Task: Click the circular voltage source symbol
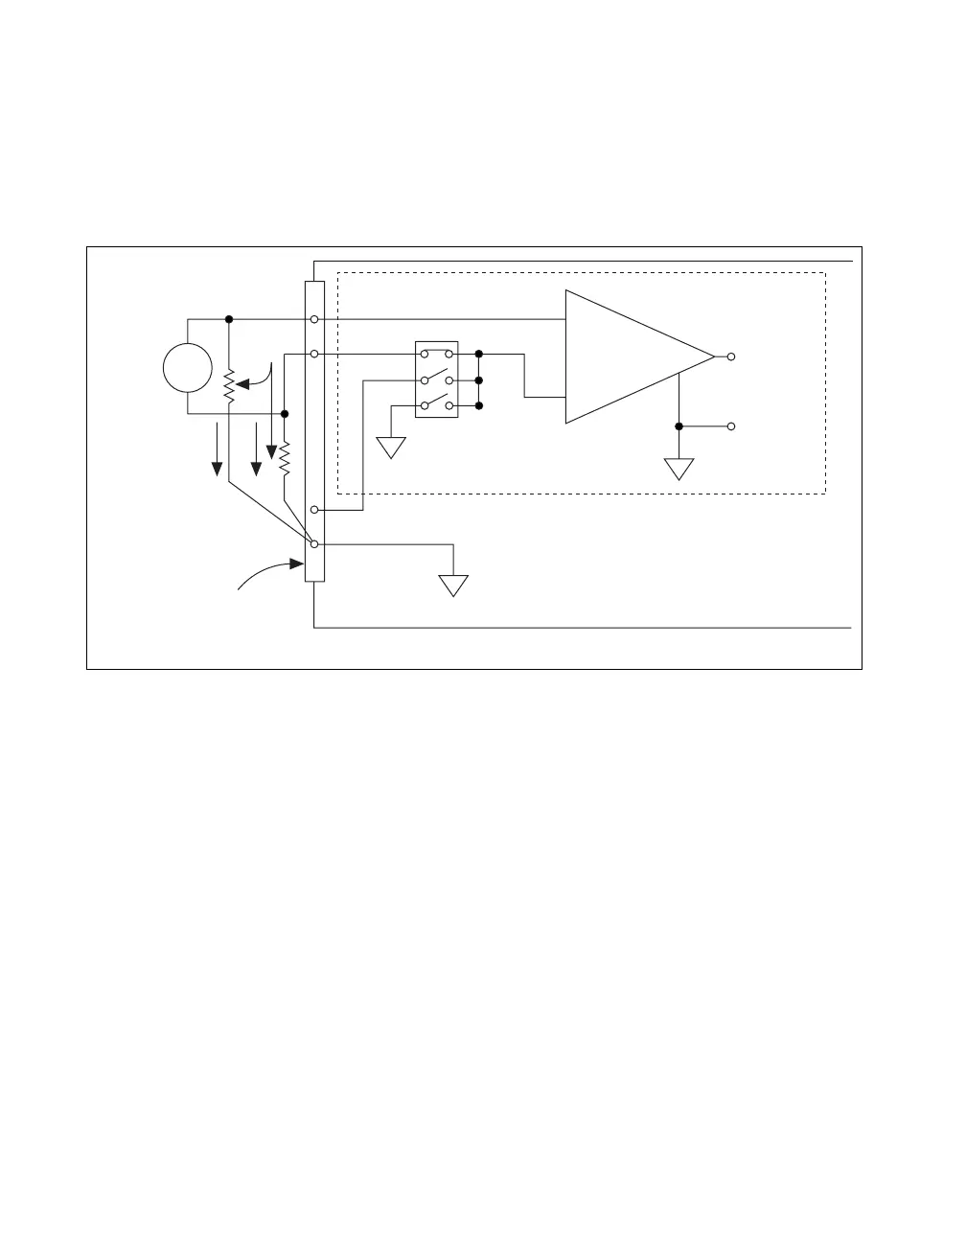187,368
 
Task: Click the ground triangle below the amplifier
678,470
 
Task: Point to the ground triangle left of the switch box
391,448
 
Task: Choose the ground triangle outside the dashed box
453,586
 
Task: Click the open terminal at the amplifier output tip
731,356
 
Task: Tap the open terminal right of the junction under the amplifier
731,425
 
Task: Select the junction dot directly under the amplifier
678,425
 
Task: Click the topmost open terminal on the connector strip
314,319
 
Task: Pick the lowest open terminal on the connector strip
314,544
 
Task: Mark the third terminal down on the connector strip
314,510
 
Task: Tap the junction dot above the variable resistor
229,319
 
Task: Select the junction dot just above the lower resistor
285,413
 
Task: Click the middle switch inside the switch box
437,379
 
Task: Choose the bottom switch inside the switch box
437,404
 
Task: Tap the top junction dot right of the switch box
478,354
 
